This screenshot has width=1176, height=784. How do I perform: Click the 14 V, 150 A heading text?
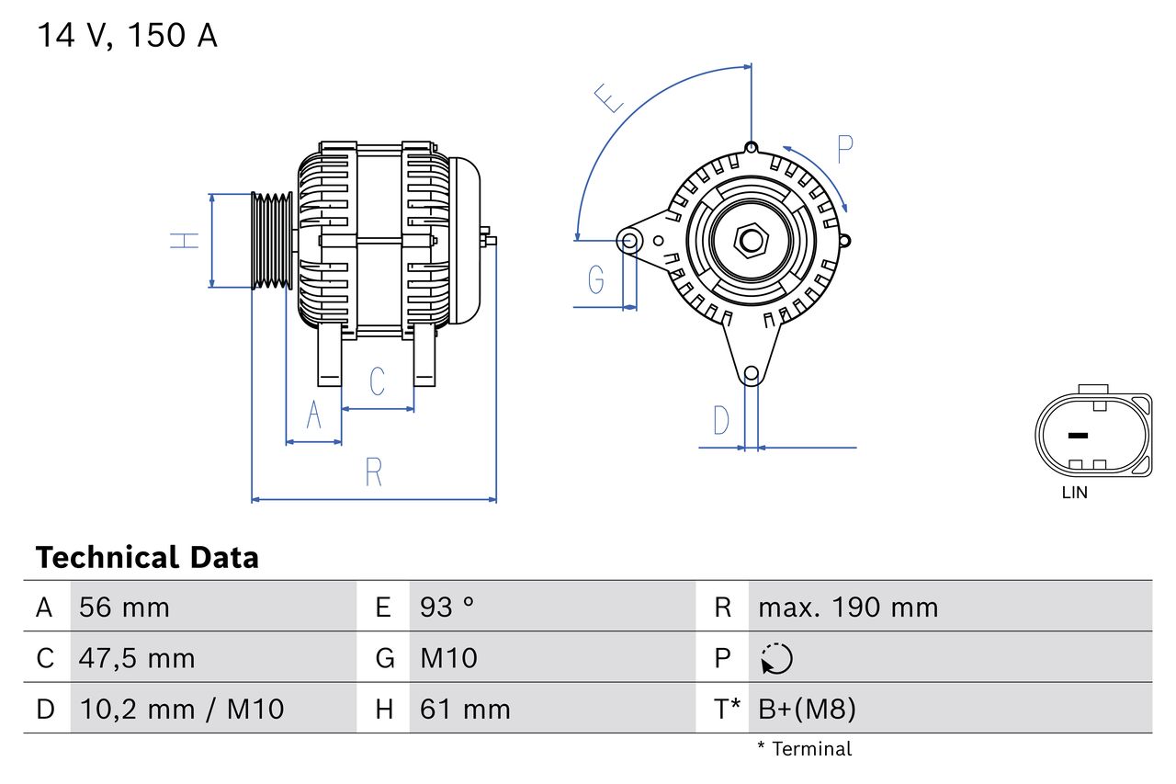(127, 36)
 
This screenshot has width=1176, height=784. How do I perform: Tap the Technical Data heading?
(147, 557)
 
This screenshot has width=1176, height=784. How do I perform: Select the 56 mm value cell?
(124, 608)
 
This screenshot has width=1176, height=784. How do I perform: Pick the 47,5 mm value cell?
(137, 658)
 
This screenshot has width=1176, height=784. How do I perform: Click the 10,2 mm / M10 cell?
(181, 709)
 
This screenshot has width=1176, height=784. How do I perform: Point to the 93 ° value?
(447, 608)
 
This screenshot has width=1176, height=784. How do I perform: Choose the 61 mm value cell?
(465, 709)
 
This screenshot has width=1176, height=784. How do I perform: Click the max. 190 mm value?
(847, 608)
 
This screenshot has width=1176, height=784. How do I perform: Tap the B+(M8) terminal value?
(807, 709)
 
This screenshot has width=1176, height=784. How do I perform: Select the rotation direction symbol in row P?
(776, 658)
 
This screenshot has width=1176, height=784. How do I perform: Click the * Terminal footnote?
(804, 749)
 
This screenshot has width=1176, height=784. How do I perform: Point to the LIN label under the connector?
(1074, 493)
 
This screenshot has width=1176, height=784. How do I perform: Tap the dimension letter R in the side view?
(373, 472)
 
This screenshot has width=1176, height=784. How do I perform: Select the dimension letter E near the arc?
(608, 97)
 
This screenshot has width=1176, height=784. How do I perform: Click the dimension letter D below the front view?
(721, 421)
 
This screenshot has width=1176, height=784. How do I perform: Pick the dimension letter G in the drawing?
(595, 278)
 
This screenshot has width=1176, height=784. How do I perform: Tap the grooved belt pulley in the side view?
(272, 241)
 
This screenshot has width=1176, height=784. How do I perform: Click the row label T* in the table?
(727, 709)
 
